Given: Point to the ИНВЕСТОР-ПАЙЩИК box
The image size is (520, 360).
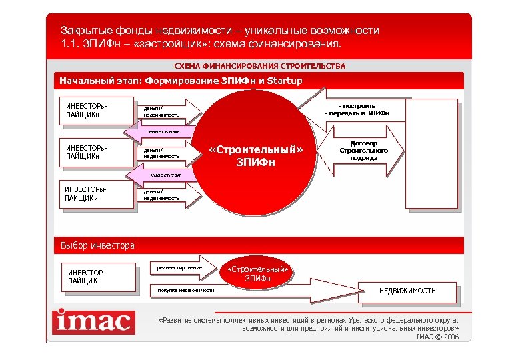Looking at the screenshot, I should coord(100,277).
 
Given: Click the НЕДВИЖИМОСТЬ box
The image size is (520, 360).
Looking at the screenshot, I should coord(407,291).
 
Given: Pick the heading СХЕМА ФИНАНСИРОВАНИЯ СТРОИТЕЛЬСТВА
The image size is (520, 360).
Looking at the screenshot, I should coord(260,67).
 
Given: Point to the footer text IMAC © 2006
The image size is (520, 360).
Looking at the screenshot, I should coord(437,337).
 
